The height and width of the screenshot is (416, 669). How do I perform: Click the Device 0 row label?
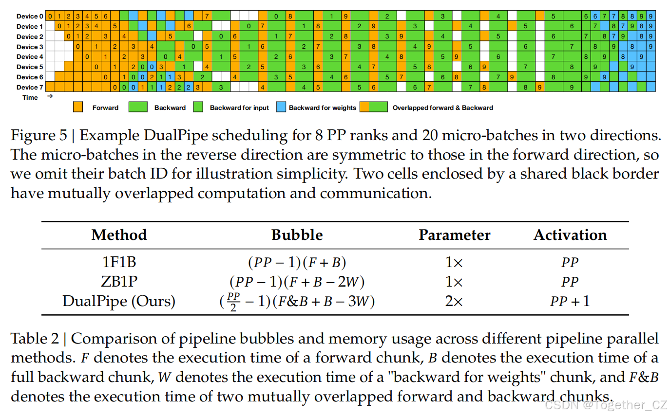pyautogui.click(x=30, y=17)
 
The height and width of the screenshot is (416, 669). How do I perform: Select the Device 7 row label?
pyautogui.click(x=30, y=88)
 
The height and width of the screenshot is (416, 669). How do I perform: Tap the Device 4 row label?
pyautogui.click(x=30, y=57)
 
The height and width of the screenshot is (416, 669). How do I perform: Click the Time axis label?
pyautogui.click(x=30, y=98)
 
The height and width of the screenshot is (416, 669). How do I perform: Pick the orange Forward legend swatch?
pyautogui.click(x=78, y=108)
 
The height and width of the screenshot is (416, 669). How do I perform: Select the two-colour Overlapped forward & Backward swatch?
pyautogui.click(x=374, y=108)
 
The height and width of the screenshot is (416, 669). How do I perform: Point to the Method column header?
pyautogui.click(x=119, y=235)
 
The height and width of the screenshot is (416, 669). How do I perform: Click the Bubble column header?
pyautogui.click(x=297, y=235)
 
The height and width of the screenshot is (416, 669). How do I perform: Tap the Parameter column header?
pyautogui.click(x=454, y=235)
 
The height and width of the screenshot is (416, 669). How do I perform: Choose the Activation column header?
pyautogui.click(x=570, y=235)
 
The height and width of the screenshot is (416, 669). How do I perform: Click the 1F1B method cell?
pyautogui.click(x=119, y=263)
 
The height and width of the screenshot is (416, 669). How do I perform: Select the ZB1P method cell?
pyautogui.click(x=119, y=282)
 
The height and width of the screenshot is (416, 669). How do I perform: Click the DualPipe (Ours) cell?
pyautogui.click(x=119, y=301)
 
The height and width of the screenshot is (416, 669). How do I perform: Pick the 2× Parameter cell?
pyautogui.click(x=454, y=301)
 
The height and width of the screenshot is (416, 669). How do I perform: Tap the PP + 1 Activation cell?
pyautogui.click(x=570, y=301)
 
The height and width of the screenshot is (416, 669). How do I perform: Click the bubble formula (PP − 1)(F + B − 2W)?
pyautogui.click(x=297, y=282)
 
